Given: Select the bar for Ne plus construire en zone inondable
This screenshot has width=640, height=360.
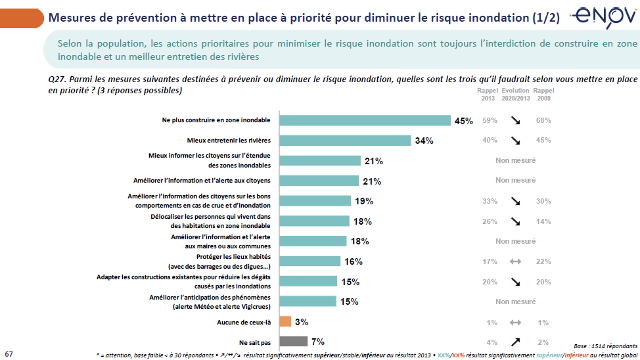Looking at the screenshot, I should tap(365, 120).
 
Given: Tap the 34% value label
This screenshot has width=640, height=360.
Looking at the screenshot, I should tap(424, 141).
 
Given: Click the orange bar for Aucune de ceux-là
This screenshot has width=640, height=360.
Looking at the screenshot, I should tap(285, 321).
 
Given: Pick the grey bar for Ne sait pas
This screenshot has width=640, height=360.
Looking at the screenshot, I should tap(294, 342).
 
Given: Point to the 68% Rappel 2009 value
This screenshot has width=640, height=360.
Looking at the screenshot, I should tap(543, 120).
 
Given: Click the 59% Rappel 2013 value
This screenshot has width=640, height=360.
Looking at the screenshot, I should tap(489, 120).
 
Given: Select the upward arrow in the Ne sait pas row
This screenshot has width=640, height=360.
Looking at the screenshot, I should tap(516, 342).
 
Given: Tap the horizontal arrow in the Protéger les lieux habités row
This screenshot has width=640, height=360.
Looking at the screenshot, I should tap(516, 261).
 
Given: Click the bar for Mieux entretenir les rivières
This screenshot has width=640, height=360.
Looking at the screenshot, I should tap(345, 141).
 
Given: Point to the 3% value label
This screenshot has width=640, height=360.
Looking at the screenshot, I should tap(301, 322).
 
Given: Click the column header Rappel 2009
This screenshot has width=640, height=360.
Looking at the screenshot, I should tap(543, 94).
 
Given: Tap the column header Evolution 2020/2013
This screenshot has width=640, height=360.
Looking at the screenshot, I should tap(516, 94).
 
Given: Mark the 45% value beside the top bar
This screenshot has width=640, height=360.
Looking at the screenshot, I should tap(464, 121).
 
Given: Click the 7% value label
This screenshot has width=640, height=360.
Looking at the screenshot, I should tap(318, 342).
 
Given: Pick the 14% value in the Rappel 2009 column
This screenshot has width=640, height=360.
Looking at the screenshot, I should tap(543, 221).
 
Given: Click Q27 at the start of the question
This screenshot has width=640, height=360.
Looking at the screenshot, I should tap(57, 79).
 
